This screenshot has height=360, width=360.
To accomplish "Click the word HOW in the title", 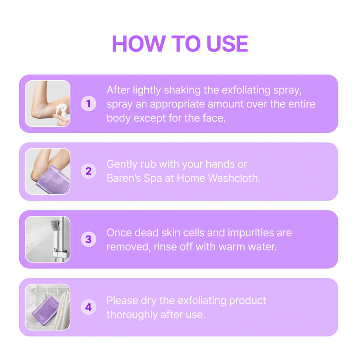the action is coord(139,44).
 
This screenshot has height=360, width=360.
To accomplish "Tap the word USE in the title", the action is coord(227,44).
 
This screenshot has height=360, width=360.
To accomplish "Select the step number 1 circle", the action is coord(88,104).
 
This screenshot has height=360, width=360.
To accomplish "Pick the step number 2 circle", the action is coord(88,171).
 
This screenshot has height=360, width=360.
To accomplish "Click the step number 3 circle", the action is coord(88,239).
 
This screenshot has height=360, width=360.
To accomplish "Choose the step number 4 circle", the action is coord(88,307).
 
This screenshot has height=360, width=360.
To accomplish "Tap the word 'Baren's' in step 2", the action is coord(124,178).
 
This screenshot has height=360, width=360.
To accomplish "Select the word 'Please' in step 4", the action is coord(122,301).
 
